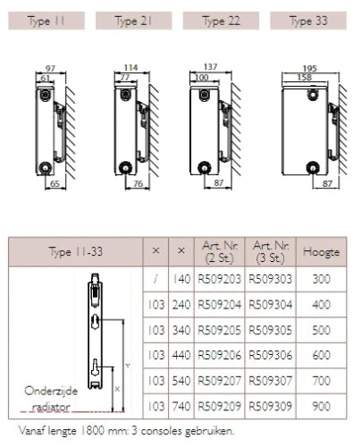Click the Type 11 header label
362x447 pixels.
coord(46,21)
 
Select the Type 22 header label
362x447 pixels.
coord(221,21)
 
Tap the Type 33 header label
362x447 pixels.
coord(308,21)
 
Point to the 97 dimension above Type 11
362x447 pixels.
coord(50,68)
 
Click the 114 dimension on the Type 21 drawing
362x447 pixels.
coord(130,68)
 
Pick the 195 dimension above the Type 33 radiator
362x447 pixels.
coord(309,68)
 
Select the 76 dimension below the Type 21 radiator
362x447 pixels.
coord(138,183)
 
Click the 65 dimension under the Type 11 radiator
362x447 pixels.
coord(55,183)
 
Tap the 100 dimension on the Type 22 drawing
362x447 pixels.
coord(202,78)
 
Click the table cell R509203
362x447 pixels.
coord(219,279)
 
